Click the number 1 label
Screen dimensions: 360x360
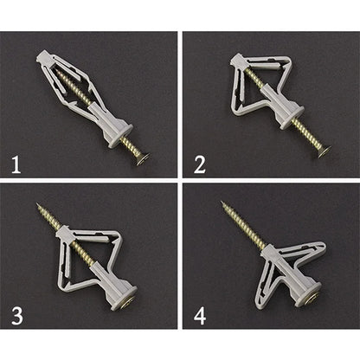point(16,163)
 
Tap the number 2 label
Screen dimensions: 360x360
point(200,163)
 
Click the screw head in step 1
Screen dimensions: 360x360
point(140,157)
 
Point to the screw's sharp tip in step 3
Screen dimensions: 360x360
point(37,206)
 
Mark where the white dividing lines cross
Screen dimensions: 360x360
point(179,179)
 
